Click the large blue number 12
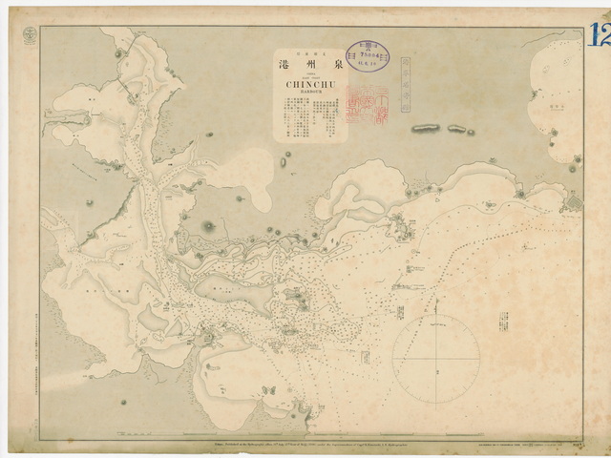point(600,36)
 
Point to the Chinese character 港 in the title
point(285,66)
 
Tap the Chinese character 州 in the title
point(308,66)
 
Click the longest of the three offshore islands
point(426,126)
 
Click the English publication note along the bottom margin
point(315,445)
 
